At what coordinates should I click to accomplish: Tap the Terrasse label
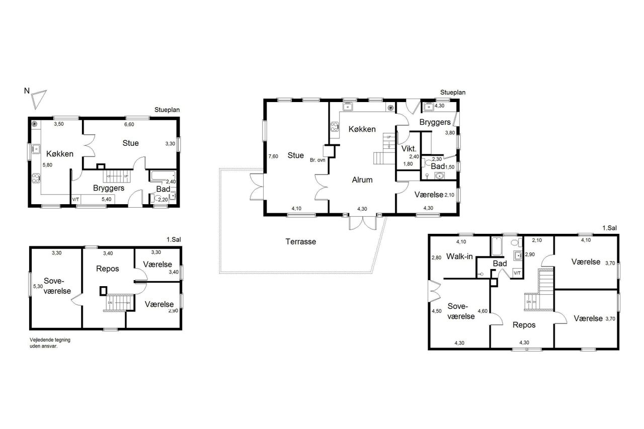[300, 241]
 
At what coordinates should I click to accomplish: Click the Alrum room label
[362, 180]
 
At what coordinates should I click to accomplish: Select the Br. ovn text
[317, 160]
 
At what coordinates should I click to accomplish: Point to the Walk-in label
[459, 256]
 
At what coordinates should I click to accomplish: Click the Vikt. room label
[409, 149]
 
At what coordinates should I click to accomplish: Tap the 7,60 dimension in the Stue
[273, 156]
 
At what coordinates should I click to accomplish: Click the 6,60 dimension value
[129, 124]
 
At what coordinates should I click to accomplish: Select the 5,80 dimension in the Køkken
[47, 165]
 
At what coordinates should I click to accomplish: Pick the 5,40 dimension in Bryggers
[106, 199]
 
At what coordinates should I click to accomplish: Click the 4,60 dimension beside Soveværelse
[482, 311]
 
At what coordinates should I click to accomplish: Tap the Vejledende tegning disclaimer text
[50, 343]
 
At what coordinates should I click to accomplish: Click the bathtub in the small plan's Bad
[163, 176]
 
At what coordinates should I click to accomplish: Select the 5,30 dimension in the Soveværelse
[38, 287]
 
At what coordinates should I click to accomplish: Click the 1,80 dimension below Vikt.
[408, 164]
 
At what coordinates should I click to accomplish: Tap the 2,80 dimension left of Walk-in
[436, 258]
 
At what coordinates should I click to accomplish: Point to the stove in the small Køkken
[36, 178]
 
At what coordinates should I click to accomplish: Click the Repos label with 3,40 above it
[108, 269]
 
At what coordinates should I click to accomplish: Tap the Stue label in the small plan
[130, 143]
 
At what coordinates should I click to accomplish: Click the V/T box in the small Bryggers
[76, 199]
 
